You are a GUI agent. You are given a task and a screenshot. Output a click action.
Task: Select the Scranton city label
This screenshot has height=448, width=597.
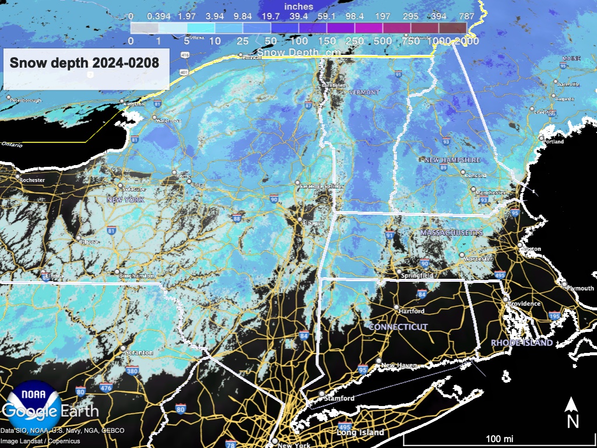pyautogui.click(x=139, y=353)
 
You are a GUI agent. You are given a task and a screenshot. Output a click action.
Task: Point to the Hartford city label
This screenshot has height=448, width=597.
pyautogui.click(x=412, y=311)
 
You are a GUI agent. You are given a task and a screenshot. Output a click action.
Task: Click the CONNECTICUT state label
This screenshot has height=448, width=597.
pyautogui.click(x=398, y=327)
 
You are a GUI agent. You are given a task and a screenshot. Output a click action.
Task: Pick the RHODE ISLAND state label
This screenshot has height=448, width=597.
pyautogui.click(x=522, y=343)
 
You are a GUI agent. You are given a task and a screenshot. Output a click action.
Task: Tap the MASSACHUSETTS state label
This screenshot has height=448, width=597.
pyautogui.click(x=452, y=233)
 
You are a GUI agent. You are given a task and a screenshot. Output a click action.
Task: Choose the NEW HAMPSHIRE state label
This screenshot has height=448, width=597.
pyautogui.click(x=452, y=160)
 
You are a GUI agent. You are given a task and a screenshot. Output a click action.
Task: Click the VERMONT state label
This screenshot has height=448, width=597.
pyautogui.click(x=364, y=93)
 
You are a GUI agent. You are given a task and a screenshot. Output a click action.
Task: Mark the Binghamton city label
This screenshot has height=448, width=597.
pyautogui.click(x=136, y=276)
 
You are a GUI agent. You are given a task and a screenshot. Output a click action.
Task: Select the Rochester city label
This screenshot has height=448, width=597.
pyautogui.click(x=32, y=180)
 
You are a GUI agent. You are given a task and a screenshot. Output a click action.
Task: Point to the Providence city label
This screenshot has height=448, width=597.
pyautogui.click(x=524, y=304)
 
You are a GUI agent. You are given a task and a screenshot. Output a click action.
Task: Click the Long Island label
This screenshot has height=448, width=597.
pyautogui.click(x=360, y=433)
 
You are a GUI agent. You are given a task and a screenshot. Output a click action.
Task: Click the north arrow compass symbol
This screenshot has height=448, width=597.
pyautogui.click(x=573, y=413)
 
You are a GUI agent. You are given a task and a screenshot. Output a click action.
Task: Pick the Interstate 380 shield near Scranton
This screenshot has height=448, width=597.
pyautogui.click(x=132, y=370)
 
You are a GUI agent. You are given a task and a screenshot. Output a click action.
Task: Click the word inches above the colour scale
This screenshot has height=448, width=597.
pyautogui.click(x=299, y=6)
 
